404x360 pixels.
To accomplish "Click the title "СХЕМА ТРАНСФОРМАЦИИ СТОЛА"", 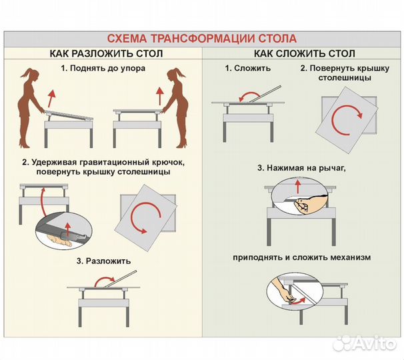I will (x=202, y=39).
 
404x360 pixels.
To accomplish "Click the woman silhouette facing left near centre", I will (x=178, y=107).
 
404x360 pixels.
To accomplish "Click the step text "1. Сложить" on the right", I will (x=247, y=69).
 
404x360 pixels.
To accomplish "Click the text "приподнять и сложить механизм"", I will (x=302, y=257).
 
